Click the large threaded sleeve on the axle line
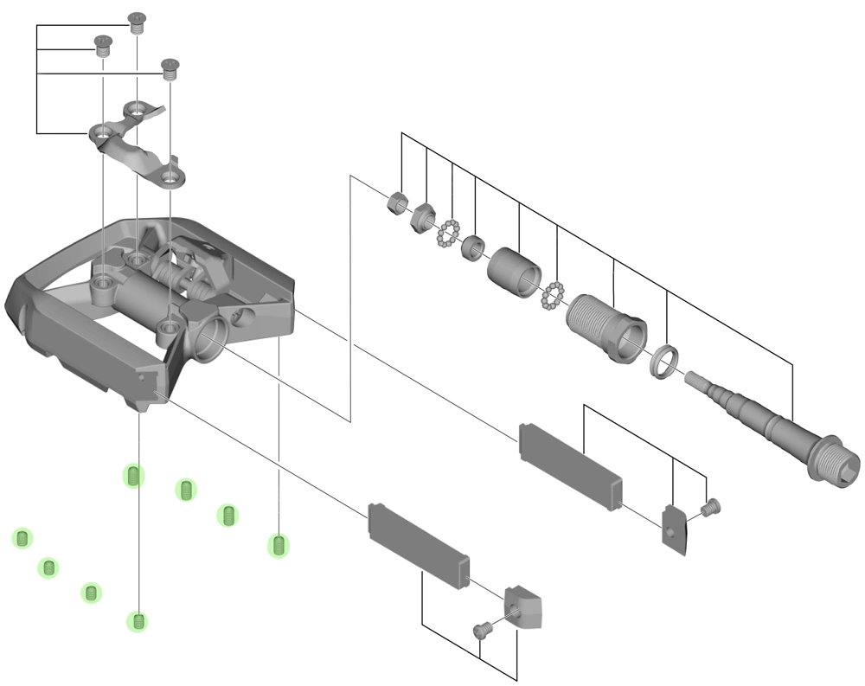tap(605, 325)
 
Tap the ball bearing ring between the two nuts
tap(447, 232)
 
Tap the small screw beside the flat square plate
tap(711, 506)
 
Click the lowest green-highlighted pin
tap(137, 620)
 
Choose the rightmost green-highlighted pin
tap(279, 545)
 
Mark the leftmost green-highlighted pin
tap(22, 538)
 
